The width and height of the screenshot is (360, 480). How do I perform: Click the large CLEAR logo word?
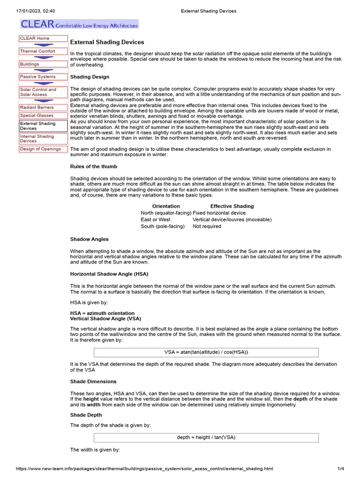(x=37, y=24)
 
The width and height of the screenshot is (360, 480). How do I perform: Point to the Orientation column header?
(x=166, y=206)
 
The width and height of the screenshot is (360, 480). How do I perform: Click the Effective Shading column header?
(x=232, y=206)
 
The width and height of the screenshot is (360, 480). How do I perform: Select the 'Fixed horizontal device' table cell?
(x=219, y=213)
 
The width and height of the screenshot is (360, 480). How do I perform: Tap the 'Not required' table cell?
(x=207, y=226)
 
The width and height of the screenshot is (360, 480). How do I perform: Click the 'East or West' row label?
(x=156, y=219)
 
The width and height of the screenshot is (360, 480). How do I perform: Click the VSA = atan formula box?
(x=206, y=352)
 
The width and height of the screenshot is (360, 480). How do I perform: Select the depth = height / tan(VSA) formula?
(x=206, y=437)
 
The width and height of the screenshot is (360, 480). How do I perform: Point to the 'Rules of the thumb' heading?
(x=94, y=166)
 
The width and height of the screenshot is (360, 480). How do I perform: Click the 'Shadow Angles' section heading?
(x=90, y=239)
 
